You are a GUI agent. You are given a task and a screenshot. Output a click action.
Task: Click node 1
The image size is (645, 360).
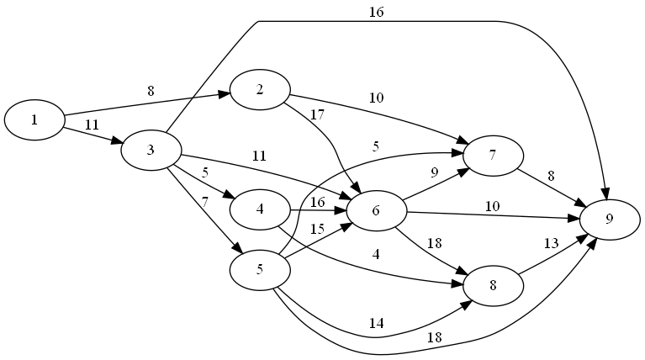click(34, 119)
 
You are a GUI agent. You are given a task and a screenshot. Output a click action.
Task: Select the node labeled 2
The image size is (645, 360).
click(260, 90)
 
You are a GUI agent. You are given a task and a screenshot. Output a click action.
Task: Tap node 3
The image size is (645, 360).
click(151, 151)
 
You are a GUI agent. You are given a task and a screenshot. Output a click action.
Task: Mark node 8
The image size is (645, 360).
click(492, 284)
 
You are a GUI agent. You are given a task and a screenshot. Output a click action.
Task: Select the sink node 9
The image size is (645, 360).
click(610, 220)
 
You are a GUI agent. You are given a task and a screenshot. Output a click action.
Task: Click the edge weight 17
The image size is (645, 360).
click(316, 114)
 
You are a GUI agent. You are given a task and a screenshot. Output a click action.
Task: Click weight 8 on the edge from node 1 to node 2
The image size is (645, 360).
click(151, 91)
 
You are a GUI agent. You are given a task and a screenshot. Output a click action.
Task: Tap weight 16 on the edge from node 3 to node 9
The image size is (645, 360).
click(376, 12)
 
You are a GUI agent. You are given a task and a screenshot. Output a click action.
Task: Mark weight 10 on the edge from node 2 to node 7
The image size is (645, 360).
click(376, 98)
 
